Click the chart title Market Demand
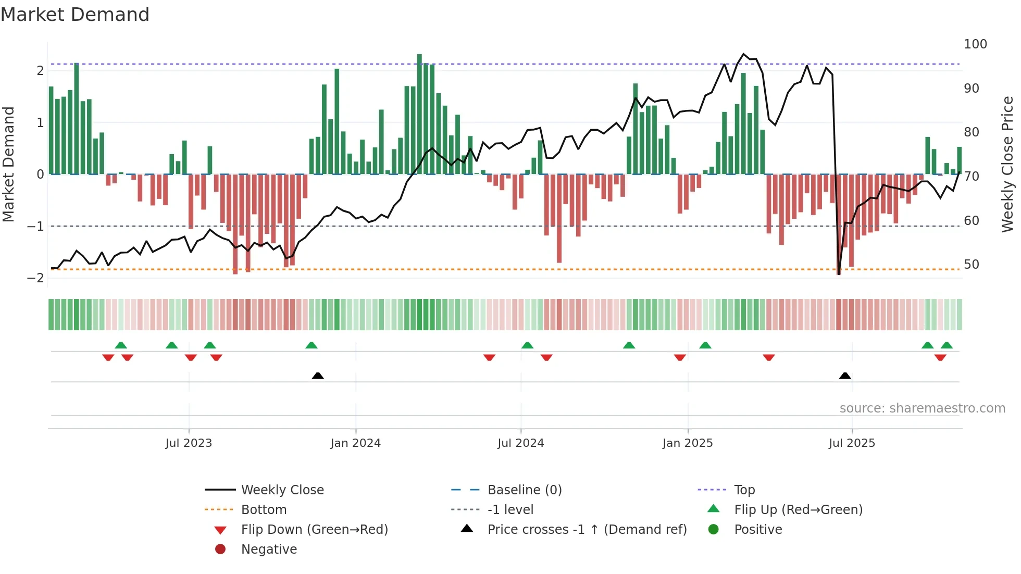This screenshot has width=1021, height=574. (x=75, y=15)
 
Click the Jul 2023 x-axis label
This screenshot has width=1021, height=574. (x=189, y=443)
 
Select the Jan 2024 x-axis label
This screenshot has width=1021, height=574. (x=356, y=443)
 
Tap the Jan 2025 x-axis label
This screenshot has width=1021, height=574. (x=688, y=443)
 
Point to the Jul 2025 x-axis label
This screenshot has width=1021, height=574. (x=852, y=443)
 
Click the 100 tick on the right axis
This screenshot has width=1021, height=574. (x=975, y=44)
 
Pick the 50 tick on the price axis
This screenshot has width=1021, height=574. (x=972, y=265)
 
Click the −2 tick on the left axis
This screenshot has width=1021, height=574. (x=36, y=278)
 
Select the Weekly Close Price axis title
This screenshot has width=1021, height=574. (x=1007, y=164)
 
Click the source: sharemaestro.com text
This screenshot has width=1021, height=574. (x=922, y=408)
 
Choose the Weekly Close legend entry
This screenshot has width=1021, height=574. (x=282, y=490)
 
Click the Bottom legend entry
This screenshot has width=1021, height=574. (x=264, y=510)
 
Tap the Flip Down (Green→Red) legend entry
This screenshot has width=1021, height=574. (x=314, y=530)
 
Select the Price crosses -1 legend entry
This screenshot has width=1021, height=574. (x=587, y=530)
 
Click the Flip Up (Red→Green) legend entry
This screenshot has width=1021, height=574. (x=798, y=510)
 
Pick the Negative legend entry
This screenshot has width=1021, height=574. (x=269, y=550)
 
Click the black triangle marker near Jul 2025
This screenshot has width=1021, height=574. (x=845, y=376)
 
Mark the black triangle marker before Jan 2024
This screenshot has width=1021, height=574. (x=318, y=376)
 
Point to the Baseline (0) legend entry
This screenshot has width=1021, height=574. (x=525, y=490)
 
